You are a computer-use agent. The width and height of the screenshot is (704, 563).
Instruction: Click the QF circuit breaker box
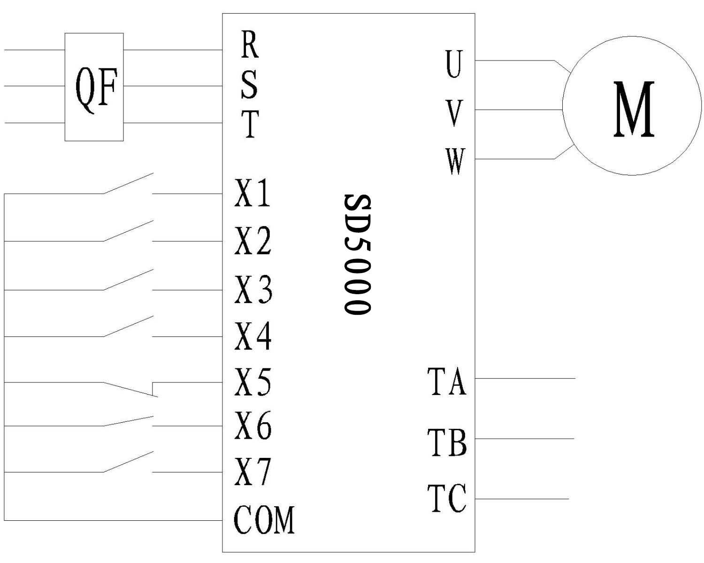pyautogui.click(x=94, y=87)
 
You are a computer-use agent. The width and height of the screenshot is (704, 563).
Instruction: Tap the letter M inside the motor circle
pyautogui.click(x=633, y=109)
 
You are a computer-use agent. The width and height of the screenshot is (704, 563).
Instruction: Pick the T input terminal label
pyautogui.click(x=250, y=124)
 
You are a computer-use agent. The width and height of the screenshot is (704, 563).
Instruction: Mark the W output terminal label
pyautogui.click(x=455, y=161)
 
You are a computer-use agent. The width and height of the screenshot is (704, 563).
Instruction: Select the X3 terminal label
pyautogui.click(x=253, y=289)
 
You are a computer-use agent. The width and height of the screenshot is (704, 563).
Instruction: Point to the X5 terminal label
pyautogui.click(x=253, y=382)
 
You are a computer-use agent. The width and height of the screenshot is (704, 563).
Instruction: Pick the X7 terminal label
pyautogui.click(x=253, y=472)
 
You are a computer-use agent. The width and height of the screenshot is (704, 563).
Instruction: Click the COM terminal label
pyautogui.click(x=264, y=520)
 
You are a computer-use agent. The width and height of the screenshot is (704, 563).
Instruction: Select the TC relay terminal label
pyautogui.click(x=447, y=498)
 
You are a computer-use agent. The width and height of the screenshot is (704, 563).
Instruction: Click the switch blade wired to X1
pyautogui.click(x=128, y=183)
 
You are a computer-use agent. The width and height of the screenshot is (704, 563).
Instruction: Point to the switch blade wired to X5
pyautogui.click(x=130, y=389)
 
